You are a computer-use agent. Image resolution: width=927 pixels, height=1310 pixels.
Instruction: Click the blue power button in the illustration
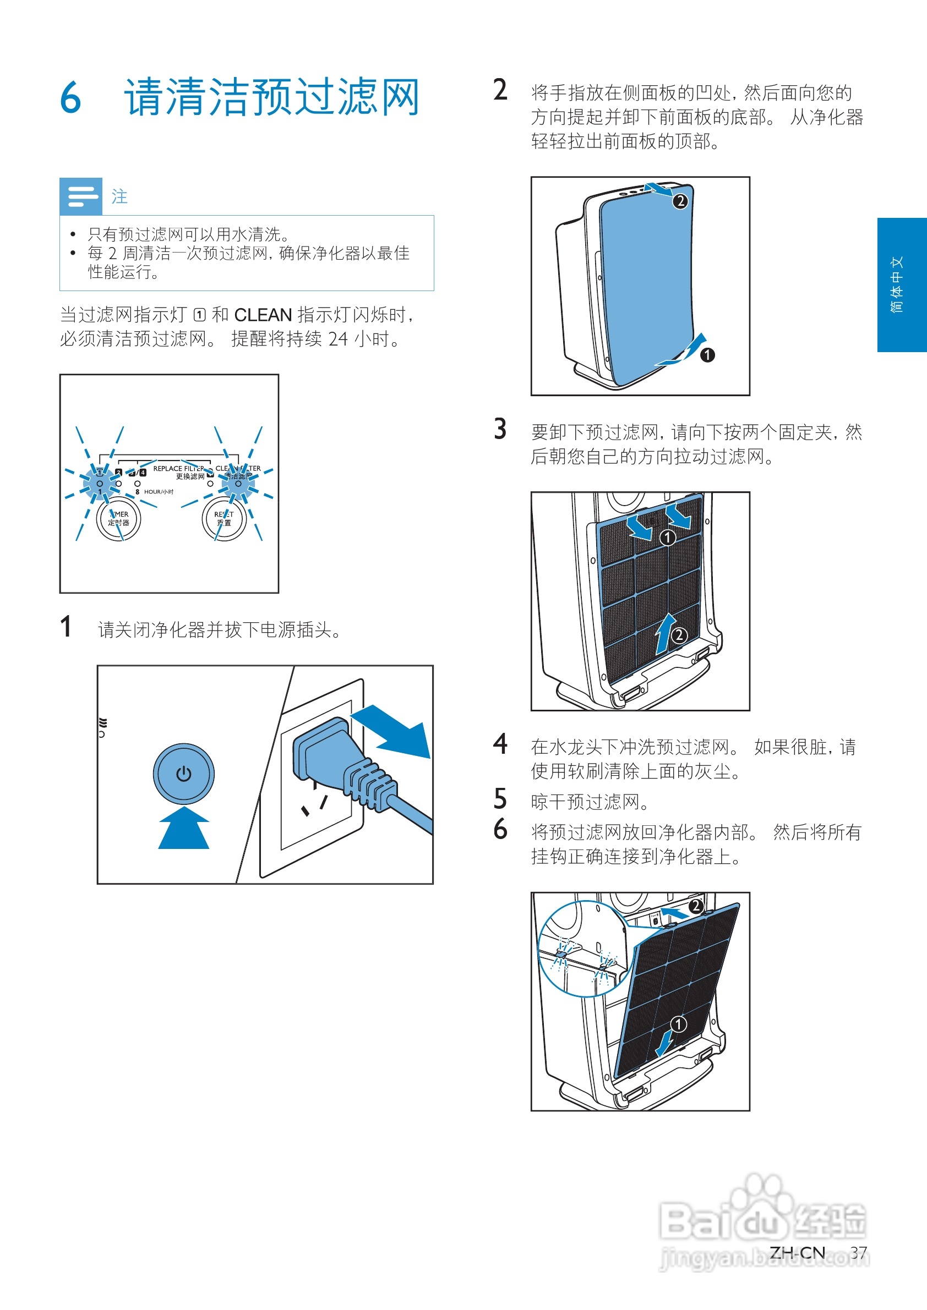183,774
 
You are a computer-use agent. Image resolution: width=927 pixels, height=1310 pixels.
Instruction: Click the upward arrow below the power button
183,828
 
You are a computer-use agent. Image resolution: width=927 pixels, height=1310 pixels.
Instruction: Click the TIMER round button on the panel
118,518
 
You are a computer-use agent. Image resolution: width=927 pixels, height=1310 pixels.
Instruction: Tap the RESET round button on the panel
223,518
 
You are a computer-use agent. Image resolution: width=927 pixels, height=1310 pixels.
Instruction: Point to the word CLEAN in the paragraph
263,315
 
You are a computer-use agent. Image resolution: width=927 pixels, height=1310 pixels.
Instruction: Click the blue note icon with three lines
81,196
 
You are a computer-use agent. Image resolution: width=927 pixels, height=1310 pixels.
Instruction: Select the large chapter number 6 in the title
71,97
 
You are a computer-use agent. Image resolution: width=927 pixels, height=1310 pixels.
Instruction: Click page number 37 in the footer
859,1252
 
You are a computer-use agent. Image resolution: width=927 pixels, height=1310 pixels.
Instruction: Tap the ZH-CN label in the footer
797,1252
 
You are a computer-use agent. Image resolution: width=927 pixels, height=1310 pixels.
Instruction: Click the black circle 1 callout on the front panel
707,355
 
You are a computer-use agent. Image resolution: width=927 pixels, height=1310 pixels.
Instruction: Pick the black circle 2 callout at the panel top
680,201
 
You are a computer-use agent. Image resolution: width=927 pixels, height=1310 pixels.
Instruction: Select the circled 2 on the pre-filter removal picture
679,635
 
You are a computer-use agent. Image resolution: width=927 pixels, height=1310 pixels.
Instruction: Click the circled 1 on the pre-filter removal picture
667,538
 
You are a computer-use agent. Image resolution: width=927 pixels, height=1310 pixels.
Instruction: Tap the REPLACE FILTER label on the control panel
179,468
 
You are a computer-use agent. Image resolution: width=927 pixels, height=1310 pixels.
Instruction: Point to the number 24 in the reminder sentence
338,339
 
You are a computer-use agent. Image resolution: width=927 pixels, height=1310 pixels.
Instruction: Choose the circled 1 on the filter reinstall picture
678,1024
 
